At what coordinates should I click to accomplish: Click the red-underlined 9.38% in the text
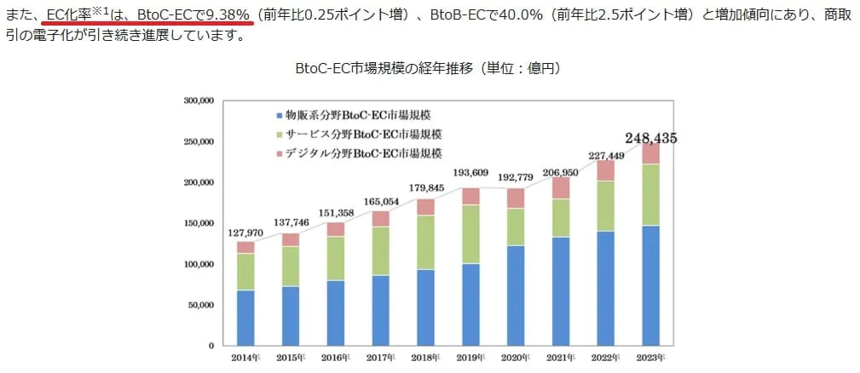point(228,15)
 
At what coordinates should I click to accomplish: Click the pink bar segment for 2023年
point(650,153)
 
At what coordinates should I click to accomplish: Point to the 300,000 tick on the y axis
point(198,100)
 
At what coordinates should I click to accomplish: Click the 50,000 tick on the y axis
point(200,305)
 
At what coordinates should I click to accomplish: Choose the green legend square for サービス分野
point(279,134)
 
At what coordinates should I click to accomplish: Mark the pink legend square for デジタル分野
point(279,153)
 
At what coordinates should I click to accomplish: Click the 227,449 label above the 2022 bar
point(606,156)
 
